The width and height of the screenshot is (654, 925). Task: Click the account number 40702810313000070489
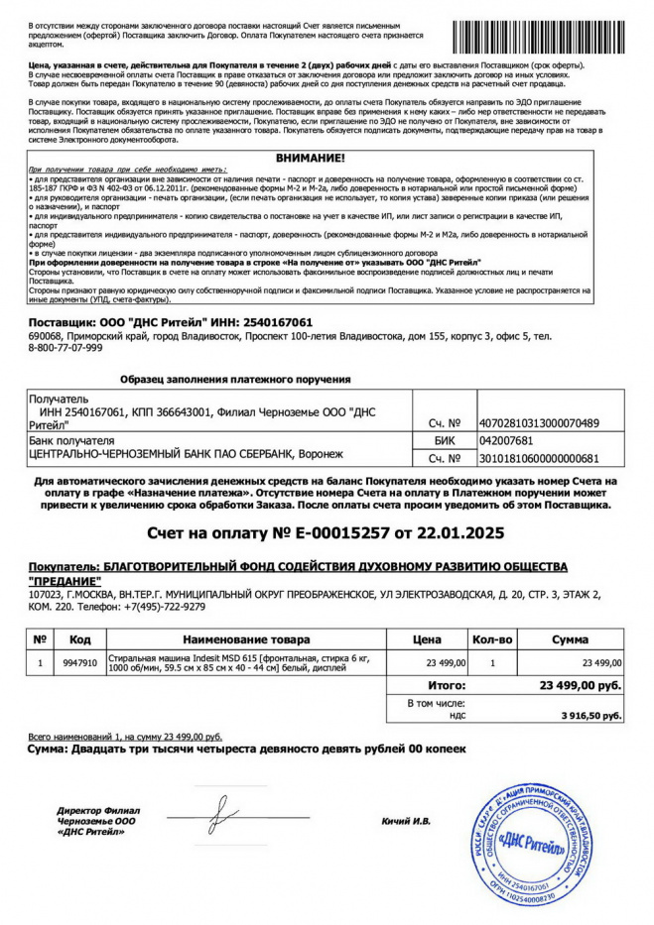[x=539, y=423]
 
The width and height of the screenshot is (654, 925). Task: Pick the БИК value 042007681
[x=506, y=441]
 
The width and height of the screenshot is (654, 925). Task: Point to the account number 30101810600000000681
[x=539, y=459]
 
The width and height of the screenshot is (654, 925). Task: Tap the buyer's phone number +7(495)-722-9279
[x=162, y=606]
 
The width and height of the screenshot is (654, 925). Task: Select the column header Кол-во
[x=492, y=639]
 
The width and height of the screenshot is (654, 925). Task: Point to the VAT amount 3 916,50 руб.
[x=591, y=714]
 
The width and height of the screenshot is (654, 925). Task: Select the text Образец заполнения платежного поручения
[x=234, y=380]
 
